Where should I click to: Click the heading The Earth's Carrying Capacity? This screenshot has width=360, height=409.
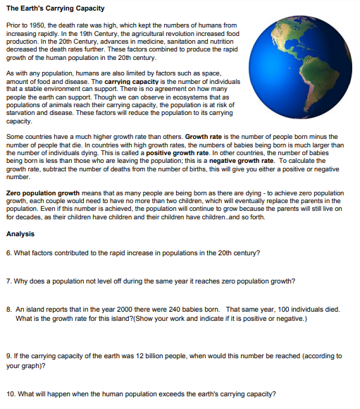pos(54,8)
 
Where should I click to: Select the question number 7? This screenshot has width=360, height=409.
pos(8,281)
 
